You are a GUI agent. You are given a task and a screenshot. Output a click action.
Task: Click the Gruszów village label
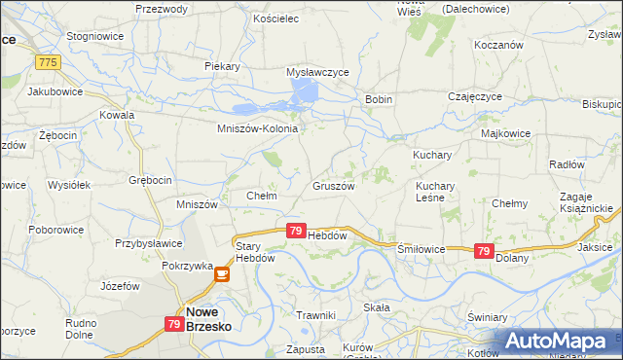[x=333, y=185]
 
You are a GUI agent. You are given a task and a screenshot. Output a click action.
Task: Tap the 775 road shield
[x=46, y=62]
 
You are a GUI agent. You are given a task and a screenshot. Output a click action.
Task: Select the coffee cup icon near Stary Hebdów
[x=222, y=275]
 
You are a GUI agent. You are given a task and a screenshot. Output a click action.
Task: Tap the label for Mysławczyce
[x=317, y=72]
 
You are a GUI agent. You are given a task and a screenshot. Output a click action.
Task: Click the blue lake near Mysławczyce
[x=305, y=93]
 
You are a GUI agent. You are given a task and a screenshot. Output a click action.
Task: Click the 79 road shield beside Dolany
[x=483, y=251]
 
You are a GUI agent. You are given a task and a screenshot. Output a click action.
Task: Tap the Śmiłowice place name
[x=421, y=249]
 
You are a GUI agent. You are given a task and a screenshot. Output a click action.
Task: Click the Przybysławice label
[x=148, y=244]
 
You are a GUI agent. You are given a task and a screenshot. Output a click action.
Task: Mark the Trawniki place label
[x=315, y=315]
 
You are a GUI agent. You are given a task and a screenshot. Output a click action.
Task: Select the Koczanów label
[x=498, y=45]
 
